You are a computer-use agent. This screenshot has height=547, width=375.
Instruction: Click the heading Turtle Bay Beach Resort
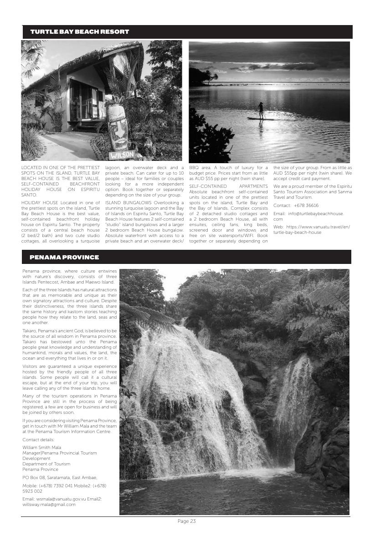click(x=80, y=32)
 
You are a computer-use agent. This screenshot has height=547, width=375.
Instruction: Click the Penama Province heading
click(x=64, y=258)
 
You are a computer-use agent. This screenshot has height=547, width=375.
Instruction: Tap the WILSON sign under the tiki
click(x=122, y=155)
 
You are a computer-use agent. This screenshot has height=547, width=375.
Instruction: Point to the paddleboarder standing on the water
click(x=261, y=111)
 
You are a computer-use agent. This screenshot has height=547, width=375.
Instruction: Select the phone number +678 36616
click(x=306, y=206)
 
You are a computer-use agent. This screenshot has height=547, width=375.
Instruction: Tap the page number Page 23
click(x=186, y=521)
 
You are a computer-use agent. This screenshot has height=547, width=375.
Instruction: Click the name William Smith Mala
click(x=41, y=448)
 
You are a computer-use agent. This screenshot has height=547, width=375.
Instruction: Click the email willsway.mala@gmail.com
click(x=49, y=505)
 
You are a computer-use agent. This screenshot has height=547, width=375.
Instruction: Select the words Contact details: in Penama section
click(x=38, y=440)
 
